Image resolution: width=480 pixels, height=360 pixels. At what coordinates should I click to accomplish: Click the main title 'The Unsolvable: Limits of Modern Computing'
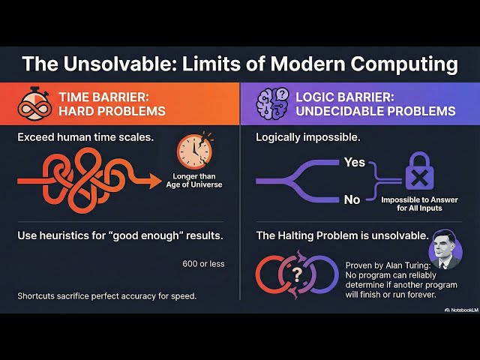[x=239, y=64]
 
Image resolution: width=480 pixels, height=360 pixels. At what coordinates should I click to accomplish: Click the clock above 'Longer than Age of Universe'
[x=194, y=150]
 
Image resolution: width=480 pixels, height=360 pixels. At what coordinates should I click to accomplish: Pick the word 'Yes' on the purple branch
[x=353, y=162]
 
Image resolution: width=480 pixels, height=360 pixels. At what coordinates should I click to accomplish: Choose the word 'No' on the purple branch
[x=351, y=200]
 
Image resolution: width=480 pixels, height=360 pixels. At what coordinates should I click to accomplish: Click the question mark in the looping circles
[x=298, y=274]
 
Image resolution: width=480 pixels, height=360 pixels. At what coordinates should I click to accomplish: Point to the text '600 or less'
[x=202, y=263]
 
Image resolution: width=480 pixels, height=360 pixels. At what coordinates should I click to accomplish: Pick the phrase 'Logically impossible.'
[x=308, y=138]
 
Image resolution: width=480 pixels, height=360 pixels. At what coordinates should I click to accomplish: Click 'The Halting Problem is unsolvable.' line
[x=340, y=235]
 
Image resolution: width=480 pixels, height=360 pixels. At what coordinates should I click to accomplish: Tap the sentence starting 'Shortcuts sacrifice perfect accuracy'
[x=106, y=295]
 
